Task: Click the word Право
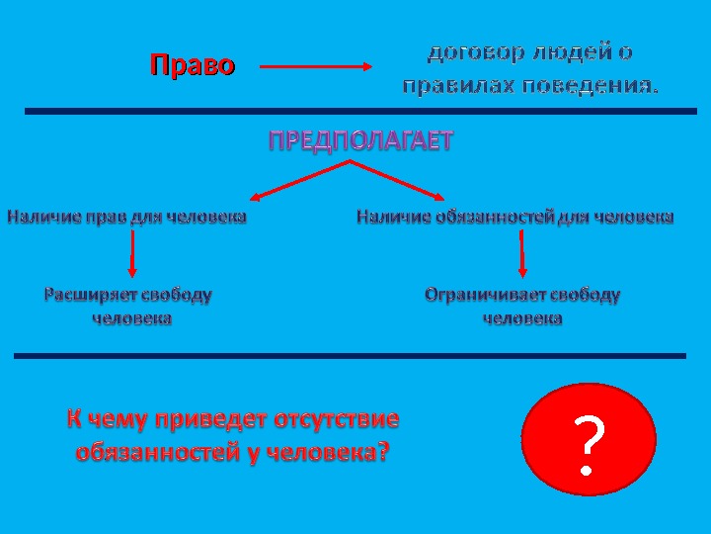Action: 193,66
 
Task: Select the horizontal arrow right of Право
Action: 314,67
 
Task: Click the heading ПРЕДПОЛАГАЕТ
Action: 361,141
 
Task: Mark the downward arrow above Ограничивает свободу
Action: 521,256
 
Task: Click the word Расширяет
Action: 90,294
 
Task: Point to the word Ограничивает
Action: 484,294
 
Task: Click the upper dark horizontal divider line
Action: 355,112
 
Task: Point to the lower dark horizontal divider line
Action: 350,354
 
